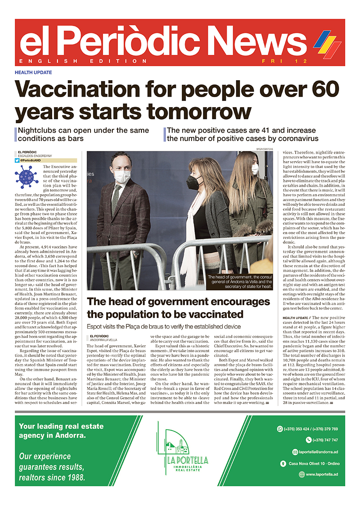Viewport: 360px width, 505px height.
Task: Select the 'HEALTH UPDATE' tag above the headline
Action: coord(34,73)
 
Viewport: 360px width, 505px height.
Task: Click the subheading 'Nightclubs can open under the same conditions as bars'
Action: coord(83,134)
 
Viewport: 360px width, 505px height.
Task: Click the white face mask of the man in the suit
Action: coord(122,176)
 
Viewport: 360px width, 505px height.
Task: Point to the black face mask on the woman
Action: coord(195,182)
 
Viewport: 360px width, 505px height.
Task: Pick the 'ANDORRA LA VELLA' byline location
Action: coord(104,340)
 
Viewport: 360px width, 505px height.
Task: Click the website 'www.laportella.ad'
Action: coord(322,475)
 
